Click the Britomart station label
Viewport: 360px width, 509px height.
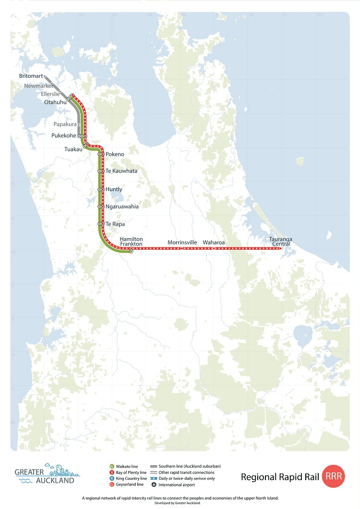point(31,76)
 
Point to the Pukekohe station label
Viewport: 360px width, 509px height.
point(63,136)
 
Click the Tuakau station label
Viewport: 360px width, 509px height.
point(73,149)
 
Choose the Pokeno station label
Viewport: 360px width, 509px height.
point(115,154)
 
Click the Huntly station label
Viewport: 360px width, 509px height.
point(114,190)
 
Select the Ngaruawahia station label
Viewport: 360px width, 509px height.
point(122,206)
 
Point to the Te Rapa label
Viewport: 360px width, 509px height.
point(115,224)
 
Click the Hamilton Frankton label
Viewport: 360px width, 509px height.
point(131,242)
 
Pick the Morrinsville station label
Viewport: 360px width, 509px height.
point(182,242)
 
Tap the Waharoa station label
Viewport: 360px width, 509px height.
point(214,242)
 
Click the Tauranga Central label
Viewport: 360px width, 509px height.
point(281,242)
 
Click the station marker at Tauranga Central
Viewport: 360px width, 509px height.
point(281,249)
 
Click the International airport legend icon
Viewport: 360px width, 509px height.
point(154,485)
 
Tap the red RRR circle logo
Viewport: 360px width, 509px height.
point(334,477)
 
